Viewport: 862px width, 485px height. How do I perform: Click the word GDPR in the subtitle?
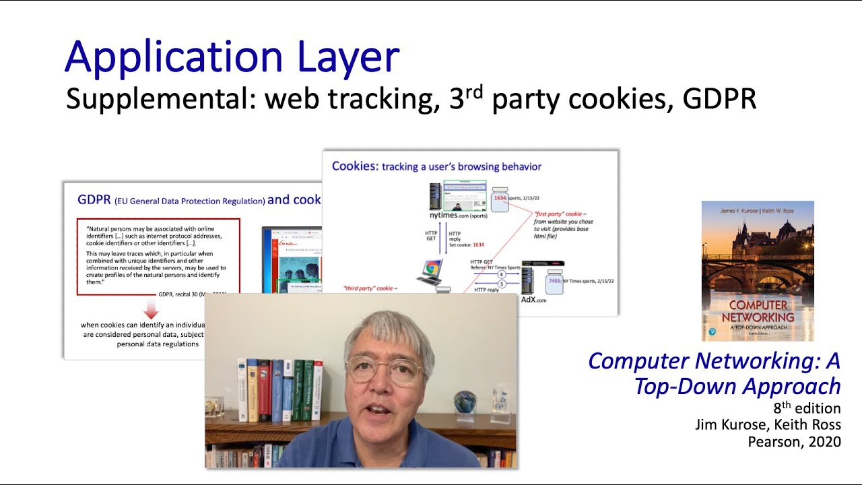click(x=719, y=99)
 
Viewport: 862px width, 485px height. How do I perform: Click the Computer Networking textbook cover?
click(x=758, y=271)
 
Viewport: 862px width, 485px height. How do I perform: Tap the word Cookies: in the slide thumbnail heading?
click(x=355, y=166)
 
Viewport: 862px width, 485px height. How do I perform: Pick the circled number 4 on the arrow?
click(x=501, y=274)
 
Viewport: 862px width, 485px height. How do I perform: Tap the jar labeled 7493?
click(x=555, y=282)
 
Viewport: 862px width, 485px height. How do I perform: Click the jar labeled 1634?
click(x=500, y=199)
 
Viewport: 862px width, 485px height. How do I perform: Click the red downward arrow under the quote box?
click(x=152, y=309)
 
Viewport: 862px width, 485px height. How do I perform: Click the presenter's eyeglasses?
click(x=385, y=368)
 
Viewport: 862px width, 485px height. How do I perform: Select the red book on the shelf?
click(x=265, y=391)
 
